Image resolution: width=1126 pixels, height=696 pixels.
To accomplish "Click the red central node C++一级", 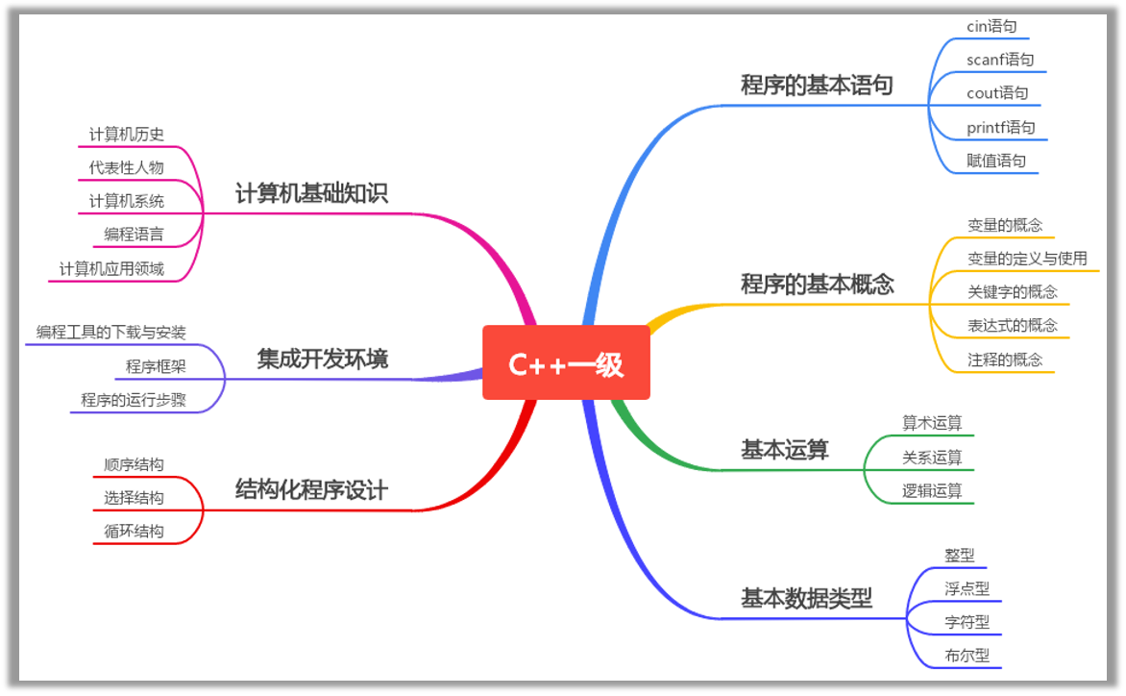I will coord(566,363).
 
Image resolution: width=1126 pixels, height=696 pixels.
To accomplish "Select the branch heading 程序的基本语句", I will coord(817,86).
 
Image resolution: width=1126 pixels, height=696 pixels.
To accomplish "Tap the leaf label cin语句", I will coord(991,27).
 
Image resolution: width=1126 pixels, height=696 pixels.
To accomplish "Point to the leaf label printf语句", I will coord(1000,127).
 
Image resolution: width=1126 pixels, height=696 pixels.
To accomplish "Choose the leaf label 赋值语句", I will coord(995,161).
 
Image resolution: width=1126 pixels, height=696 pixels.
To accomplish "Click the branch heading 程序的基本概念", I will coord(817,285).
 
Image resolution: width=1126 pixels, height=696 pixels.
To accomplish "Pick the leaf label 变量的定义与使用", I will coord(1027,259).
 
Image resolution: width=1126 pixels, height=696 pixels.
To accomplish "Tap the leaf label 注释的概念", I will coord(1004,360).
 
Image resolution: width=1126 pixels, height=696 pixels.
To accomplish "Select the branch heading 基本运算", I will coord(784,450).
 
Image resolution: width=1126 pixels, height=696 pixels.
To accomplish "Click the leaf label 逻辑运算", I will coord(931,491).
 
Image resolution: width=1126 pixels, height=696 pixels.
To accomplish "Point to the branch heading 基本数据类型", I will coord(806,599).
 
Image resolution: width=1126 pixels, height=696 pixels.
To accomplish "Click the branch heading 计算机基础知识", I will coord(311,194).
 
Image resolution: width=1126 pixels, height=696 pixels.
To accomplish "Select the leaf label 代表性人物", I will coord(126,167).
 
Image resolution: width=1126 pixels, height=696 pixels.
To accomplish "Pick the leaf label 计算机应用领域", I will coord(111,269).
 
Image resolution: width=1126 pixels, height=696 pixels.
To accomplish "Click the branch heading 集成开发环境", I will coord(322,360).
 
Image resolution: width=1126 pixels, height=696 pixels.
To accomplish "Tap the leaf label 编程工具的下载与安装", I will coord(111,333).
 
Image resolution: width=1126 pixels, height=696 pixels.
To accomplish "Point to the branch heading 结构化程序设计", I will coord(311,490).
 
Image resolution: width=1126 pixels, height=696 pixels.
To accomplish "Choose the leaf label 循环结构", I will coord(134,531).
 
